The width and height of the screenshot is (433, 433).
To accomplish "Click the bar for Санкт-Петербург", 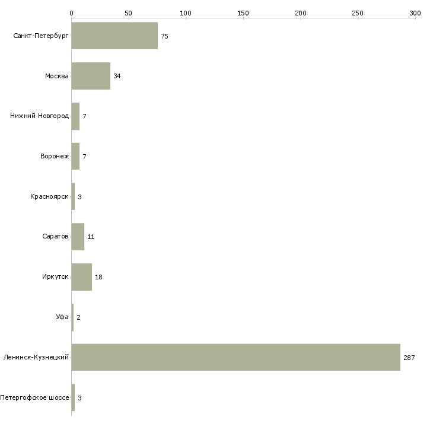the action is (x=114, y=36).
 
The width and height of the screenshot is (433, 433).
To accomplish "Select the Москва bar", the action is (x=91, y=76).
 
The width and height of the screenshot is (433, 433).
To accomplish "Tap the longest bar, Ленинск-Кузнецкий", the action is (x=236, y=357).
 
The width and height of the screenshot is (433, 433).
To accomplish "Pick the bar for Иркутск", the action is (x=82, y=277).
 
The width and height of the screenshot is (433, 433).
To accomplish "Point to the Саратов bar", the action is (x=78, y=237).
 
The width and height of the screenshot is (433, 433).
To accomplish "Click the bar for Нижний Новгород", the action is (x=75, y=116).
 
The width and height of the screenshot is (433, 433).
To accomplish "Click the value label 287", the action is (x=409, y=358).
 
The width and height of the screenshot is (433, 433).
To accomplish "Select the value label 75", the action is (x=164, y=36).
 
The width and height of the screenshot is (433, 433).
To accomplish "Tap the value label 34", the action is (x=117, y=76).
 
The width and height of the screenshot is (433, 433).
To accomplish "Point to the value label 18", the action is (x=98, y=277).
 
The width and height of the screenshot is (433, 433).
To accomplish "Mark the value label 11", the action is (x=91, y=237).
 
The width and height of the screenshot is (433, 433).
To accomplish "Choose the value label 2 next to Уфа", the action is (x=79, y=317).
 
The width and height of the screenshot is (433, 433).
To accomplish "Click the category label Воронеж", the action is (x=55, y=156).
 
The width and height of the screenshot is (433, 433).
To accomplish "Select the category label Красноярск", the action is (x=49, y=196).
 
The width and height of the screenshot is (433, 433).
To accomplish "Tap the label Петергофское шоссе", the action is (x=34, y=397).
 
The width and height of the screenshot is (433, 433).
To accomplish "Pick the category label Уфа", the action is (x=62, y=317).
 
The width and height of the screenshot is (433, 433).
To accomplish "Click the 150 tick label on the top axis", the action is (x=243, y=13).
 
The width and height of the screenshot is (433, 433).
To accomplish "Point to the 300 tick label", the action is (x=415, y=13).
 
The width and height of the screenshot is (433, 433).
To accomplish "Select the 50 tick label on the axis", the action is (x=128, y=13).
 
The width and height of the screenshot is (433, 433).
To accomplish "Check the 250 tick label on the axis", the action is (x=358, y=13).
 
